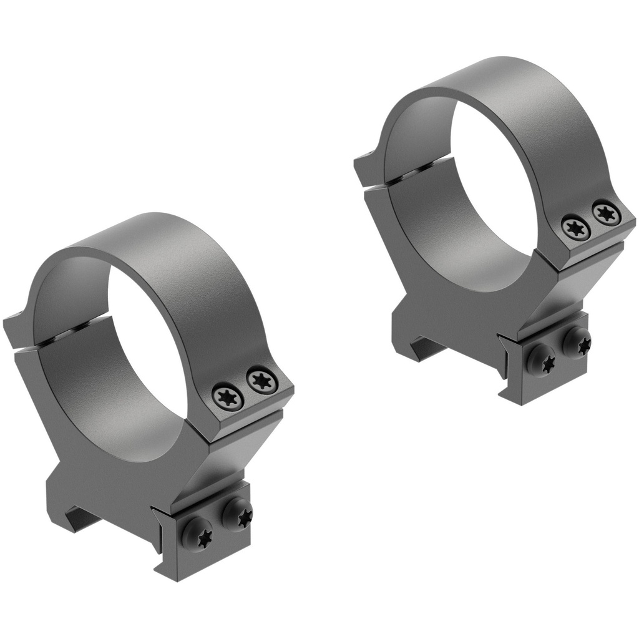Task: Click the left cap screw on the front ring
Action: [x=225, y=395]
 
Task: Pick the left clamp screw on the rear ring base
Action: [x=541, y=361]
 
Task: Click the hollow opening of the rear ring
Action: [x=493, y=193]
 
